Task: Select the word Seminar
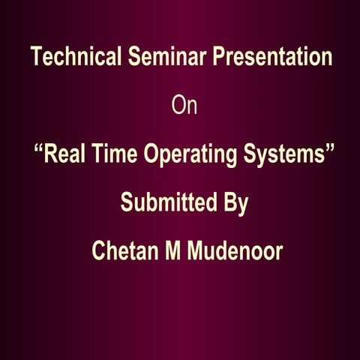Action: coord(160,58)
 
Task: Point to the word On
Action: coord(184,106)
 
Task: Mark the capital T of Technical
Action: coord(34,58)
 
